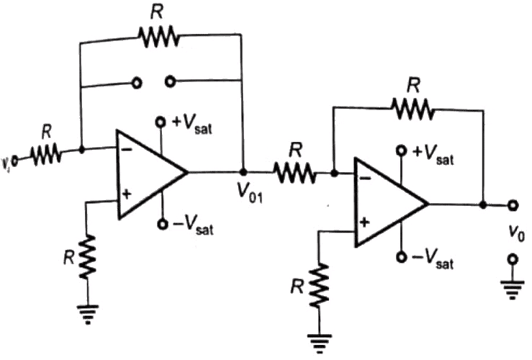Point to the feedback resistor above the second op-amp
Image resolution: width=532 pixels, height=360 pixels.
(x=411, y=109)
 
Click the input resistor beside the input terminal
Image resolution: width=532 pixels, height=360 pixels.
(x=47, y=153)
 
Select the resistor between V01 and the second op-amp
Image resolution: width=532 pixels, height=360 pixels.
(x=294, y=173)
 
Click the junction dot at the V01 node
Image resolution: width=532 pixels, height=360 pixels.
(x=243, y=173)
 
